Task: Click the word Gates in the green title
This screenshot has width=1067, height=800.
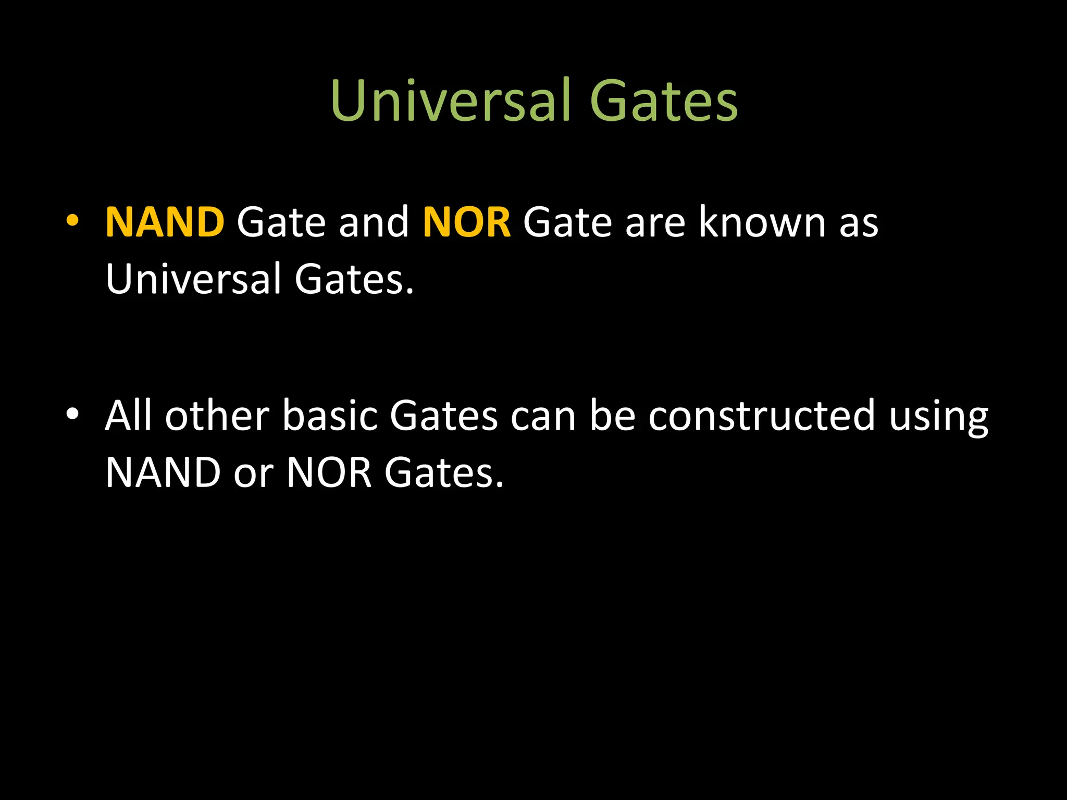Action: (x=664, y=101)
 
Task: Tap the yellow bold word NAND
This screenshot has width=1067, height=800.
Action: (x=165, y=222)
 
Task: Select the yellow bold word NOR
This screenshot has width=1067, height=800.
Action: (x=466, y=222)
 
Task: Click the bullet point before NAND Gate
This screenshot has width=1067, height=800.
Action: (x=72, y=221)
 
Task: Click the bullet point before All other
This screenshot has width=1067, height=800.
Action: (x=72, y=414)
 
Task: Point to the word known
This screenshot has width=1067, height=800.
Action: (x=762, y=222)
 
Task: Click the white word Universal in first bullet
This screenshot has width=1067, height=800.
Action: (x=193, y=279)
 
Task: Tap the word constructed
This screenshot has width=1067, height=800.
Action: (x=761, y=416)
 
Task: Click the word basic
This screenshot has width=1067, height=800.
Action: (x=330, y=416)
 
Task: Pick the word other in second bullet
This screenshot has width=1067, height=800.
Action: (x=217, y=416)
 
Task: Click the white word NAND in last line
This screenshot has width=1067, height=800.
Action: (x=163, y=473)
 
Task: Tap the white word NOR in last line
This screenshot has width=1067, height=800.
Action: (x=329, y=473)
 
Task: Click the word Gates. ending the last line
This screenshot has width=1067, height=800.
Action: (x=444, y=473)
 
